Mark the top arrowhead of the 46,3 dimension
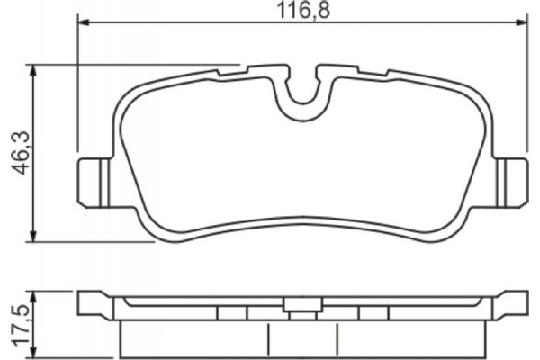(33, 69)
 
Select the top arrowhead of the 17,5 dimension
(33, 295)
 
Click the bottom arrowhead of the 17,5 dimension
(33, 353)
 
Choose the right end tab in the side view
(510, 303)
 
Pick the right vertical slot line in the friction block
(336, 337)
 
